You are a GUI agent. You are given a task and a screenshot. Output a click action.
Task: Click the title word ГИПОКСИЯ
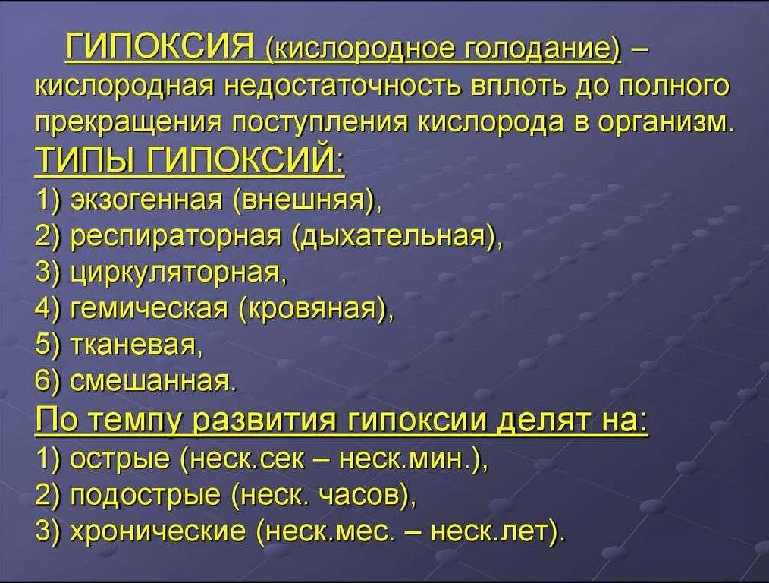click(159, 49)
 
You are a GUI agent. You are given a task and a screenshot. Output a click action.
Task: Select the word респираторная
click(176, 236)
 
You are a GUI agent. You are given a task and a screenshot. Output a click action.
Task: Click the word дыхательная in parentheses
click(395, 236)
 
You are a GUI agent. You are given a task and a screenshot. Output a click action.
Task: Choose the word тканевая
click(134, 345)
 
